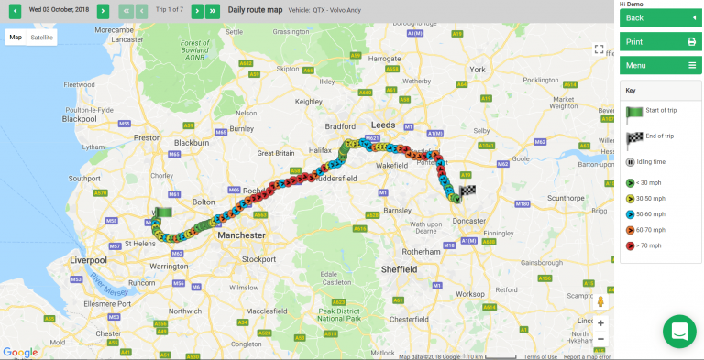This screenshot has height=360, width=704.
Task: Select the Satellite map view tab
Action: click(42, 38)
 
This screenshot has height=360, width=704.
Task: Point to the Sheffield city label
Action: click(401, 269)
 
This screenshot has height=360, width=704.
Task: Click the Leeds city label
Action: click(382, 122)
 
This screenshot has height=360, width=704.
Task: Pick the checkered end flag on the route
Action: click(468, 191)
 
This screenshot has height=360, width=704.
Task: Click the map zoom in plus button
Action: click(600, 322)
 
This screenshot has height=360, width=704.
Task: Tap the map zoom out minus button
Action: click(600, 339)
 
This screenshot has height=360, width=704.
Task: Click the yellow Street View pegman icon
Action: click(600, 301)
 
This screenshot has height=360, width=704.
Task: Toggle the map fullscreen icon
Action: click(599, 49)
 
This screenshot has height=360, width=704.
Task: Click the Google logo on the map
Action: click(19, 352)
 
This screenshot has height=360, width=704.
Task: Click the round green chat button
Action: click(679, 332)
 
